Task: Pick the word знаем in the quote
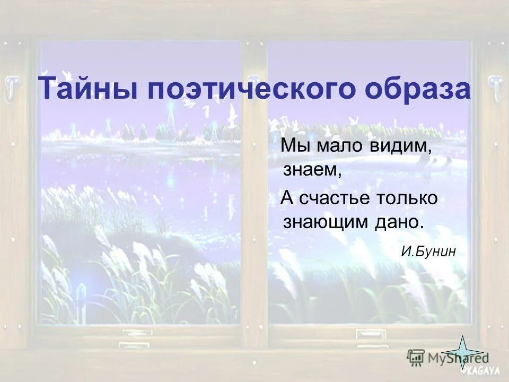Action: click(311, 170)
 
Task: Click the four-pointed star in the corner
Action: click(462, 352)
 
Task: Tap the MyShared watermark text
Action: click(451, 358)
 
